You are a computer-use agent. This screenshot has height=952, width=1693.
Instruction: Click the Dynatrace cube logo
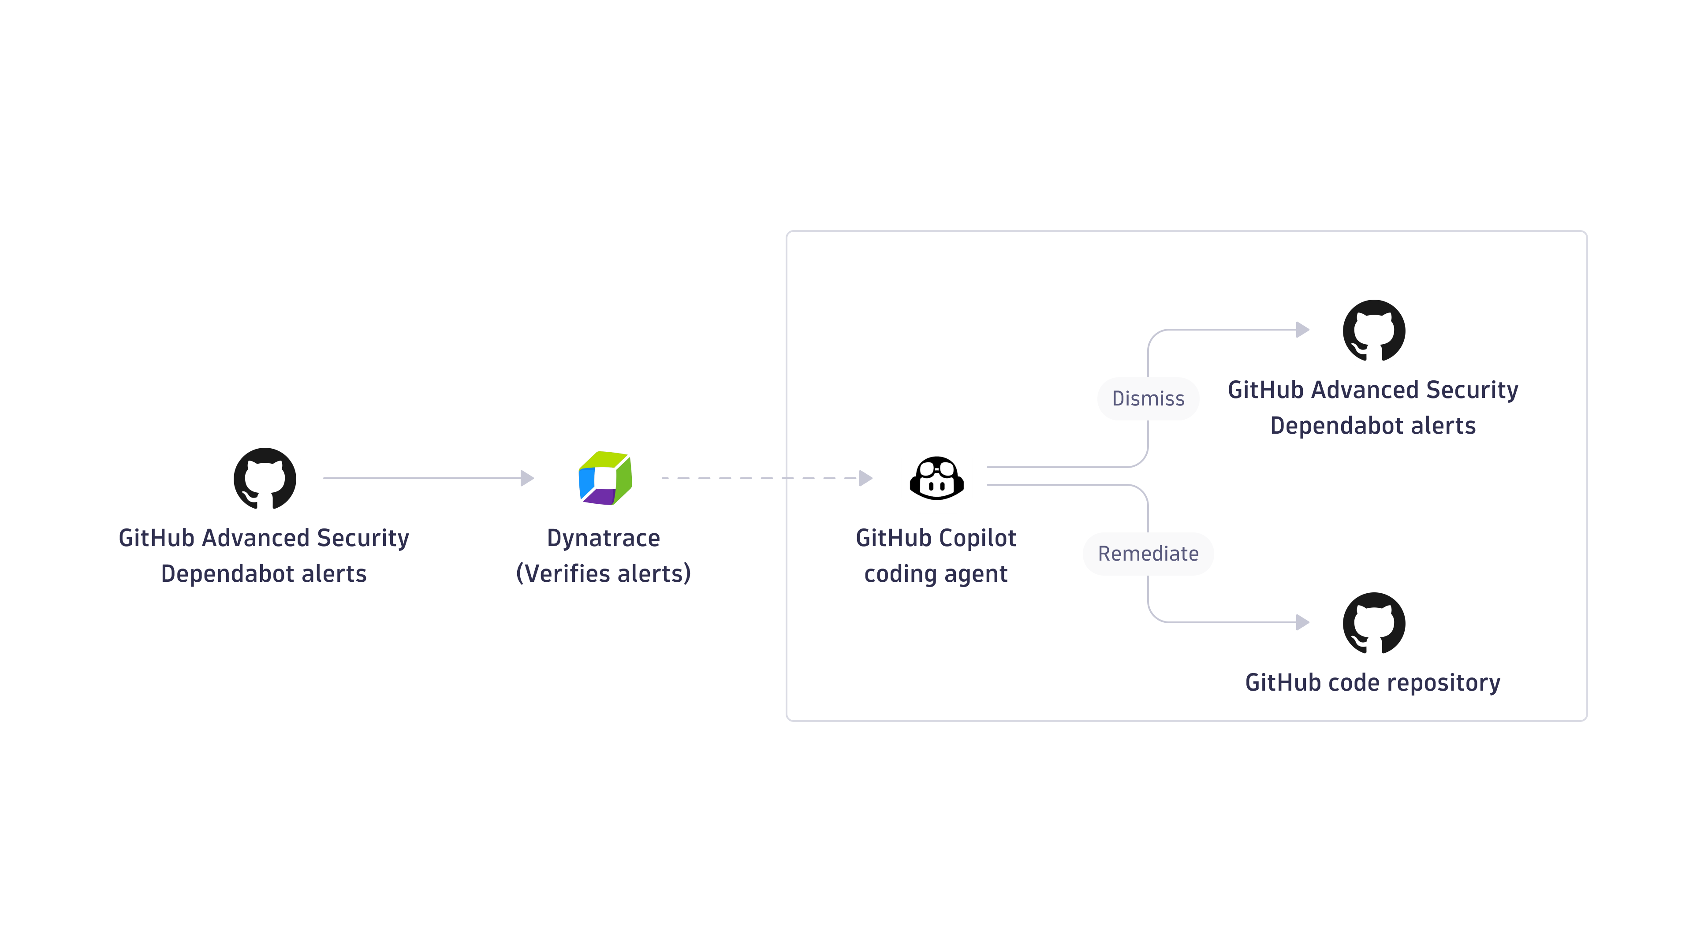pyautogui.click(x=604, y=478)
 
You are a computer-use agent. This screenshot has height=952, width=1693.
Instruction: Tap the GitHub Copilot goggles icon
pyautogui.click(x=936, y=478)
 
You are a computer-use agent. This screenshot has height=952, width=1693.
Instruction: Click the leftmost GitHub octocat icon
pyautogui.click(x=265, y=478)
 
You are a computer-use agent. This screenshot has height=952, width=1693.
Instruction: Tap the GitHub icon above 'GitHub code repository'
pyautogui.click(x=1374, y=623)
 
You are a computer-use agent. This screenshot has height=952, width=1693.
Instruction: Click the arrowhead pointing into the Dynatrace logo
pyautogui.click(x=527, y=478)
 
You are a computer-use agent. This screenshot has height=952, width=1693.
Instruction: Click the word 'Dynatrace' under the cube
pyautogui.click(x=603, y=538)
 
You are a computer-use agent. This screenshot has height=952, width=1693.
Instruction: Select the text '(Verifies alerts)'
pyautogui.click(x=603, y=573)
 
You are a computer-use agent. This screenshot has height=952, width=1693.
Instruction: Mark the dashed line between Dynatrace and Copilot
pyautogui.click(x=756, y=478)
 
